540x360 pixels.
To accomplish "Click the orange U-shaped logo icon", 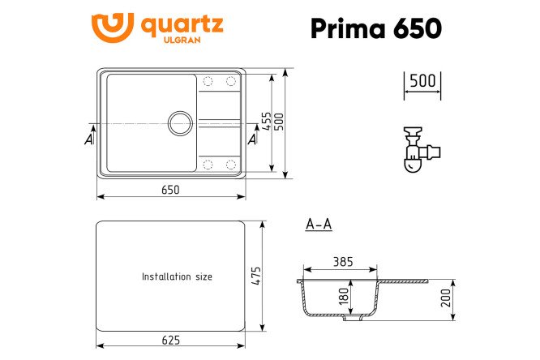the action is [x=112, y=28].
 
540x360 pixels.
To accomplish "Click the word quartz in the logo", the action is [x=182, y=25].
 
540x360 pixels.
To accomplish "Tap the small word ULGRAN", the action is [x=182, y=40].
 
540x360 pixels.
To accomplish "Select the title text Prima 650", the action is [x=376, y=28].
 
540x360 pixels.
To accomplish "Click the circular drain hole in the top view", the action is [x=180, y=123].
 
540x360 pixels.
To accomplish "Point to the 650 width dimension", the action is [x=170, y=190].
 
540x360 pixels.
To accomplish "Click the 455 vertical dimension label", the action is [x=266, y=121].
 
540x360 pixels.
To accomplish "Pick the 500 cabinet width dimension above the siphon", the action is [x=422, y=80].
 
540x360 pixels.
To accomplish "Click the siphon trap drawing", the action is [x=422, y=150].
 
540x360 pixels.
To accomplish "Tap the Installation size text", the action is [x=177, y=276].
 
